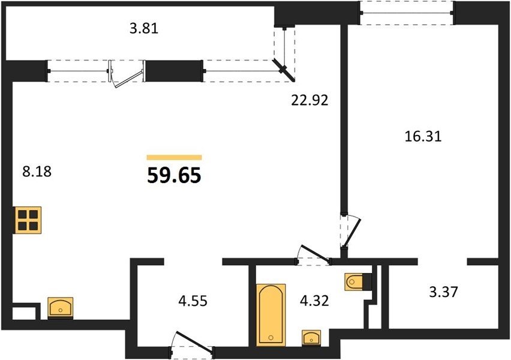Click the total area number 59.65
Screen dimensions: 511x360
(x=174, y=175)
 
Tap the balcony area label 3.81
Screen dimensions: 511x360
(x=144, y=29)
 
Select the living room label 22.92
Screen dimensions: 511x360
(x=309, y=100)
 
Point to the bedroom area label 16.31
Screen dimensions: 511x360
(x=423, y=136)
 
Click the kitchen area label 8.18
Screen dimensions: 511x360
(x=37, y=171)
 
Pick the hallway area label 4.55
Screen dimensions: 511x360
(x=193, y=301)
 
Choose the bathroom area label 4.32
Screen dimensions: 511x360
(x=314, y=301)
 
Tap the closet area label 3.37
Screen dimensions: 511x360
(x=444, y=292)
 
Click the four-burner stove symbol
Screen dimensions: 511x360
(x=28, y=220)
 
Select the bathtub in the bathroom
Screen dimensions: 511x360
(x=271, y=314)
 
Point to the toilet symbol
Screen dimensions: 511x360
(x=358, y=281)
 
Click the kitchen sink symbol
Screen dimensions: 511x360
(x=61, y=307)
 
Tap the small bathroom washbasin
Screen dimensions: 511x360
(x=311, y=337)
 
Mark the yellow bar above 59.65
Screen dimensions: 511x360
(x=175, y=157)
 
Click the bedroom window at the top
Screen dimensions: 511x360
(x=407, y=13)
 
